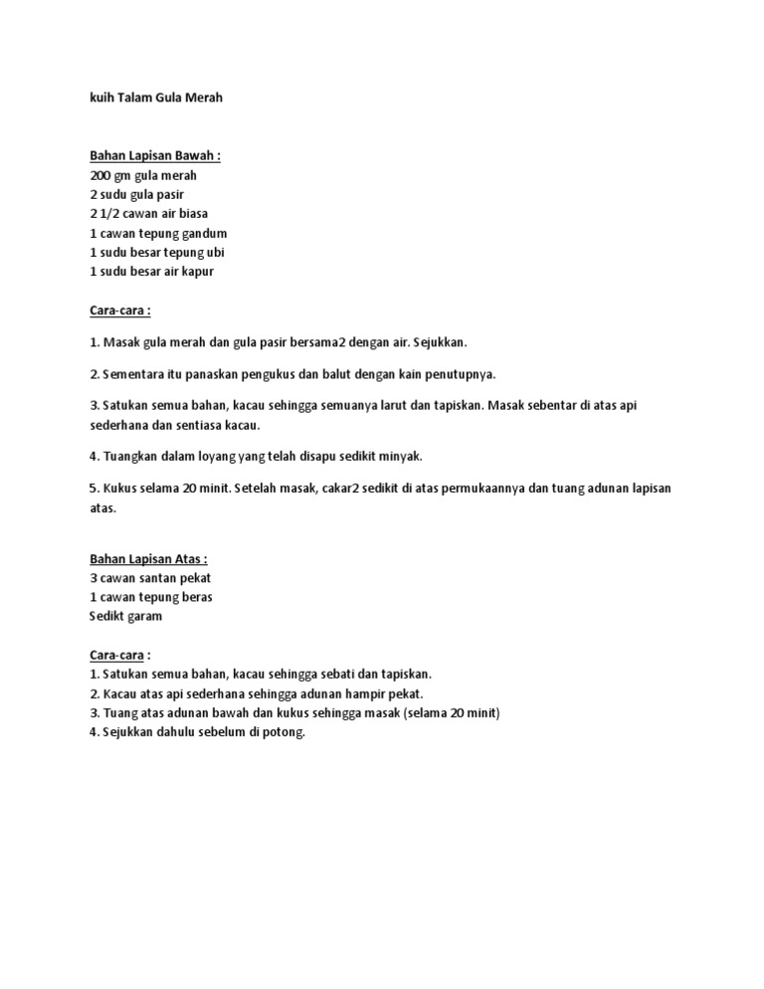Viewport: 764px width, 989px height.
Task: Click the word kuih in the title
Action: click(x=100, y=99)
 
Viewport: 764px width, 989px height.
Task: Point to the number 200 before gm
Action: click(x=99, y=175)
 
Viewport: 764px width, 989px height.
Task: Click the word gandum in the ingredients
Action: click(x=217, y=233)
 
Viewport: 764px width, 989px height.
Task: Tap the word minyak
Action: click(x=400, y=456)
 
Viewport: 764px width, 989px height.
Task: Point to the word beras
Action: click(x=196, y=597)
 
